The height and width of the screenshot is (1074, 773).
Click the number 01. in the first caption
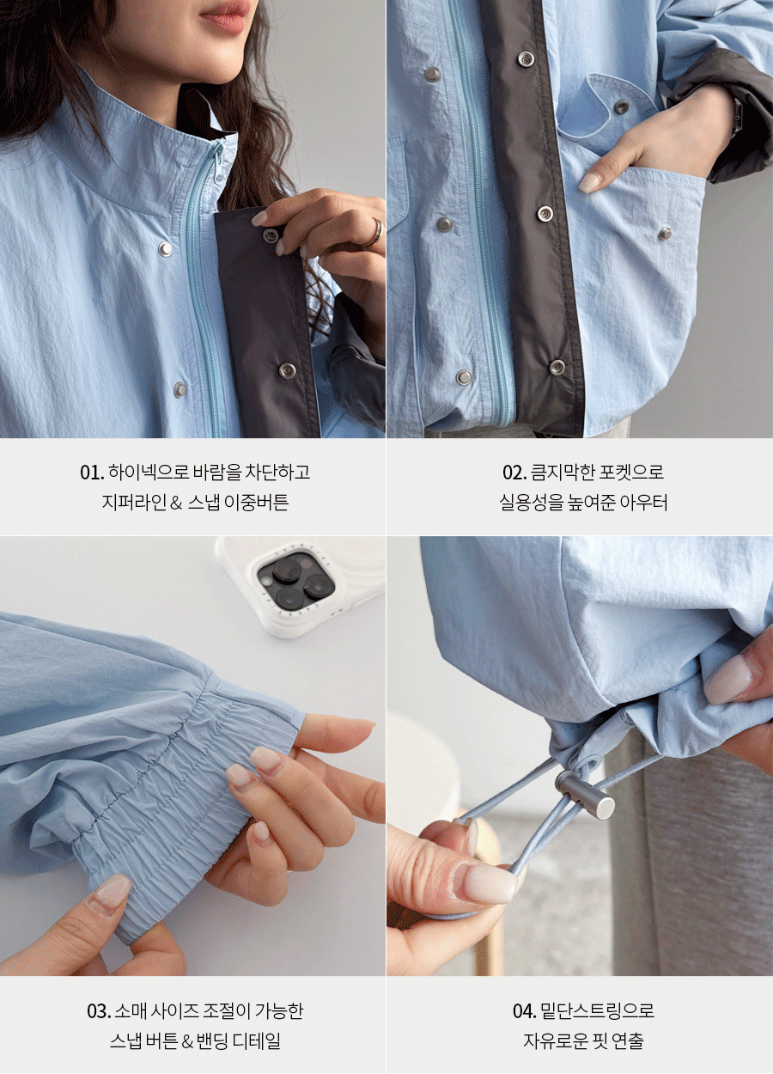(x=92, y=473)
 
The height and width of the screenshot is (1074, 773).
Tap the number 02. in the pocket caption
(x=514, y=473)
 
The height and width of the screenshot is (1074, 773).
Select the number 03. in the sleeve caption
(x=99, y=1011)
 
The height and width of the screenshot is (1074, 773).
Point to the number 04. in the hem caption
(x=524, y=1011)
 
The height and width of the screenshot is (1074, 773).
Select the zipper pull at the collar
(x=217, y=164)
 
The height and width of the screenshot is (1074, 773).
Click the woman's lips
(x=225, y=15)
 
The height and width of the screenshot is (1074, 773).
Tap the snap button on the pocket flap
(x=622, y=107)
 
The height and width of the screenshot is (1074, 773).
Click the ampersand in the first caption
(x=176, y=503)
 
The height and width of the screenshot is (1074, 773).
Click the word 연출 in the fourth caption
(x=627, y=1041)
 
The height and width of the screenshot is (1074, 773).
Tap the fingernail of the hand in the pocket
(x=589, y=183)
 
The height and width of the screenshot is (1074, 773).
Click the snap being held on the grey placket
(x=271, y=236)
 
